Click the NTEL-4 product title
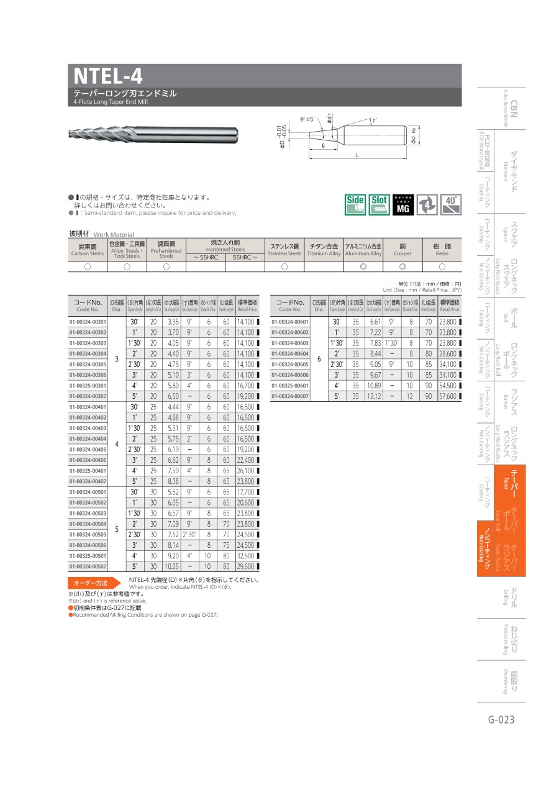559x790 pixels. pyautogui.click(x=108, y=76)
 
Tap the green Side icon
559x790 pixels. pyautogui.click(x=355, y=204)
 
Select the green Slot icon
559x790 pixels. pyautogui.click(x=379, y=204)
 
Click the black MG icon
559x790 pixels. pyautogui.click(x=402, y=204)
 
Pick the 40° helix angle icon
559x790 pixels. pyautogui.click(x=450, y=204)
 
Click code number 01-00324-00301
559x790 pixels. pyautogui.click(x=88, y=322)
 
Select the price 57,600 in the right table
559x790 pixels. pyautogui.click(x=448, y=396)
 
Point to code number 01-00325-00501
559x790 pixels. pyautogui.click(x=88, y=555)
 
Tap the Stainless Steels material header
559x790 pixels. pyautogui.click(x=284, y=249)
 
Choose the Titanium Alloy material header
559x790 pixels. pyautogui.click(x=324, y=249)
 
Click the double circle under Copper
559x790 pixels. pyautogui.click(x=402, y=266)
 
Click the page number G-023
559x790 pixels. pyautogui.click(x=501, y=720)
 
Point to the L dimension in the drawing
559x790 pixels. pyautogui.click(x=357, y=155)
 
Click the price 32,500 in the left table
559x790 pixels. pyautogui.click(x=246, y=555)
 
